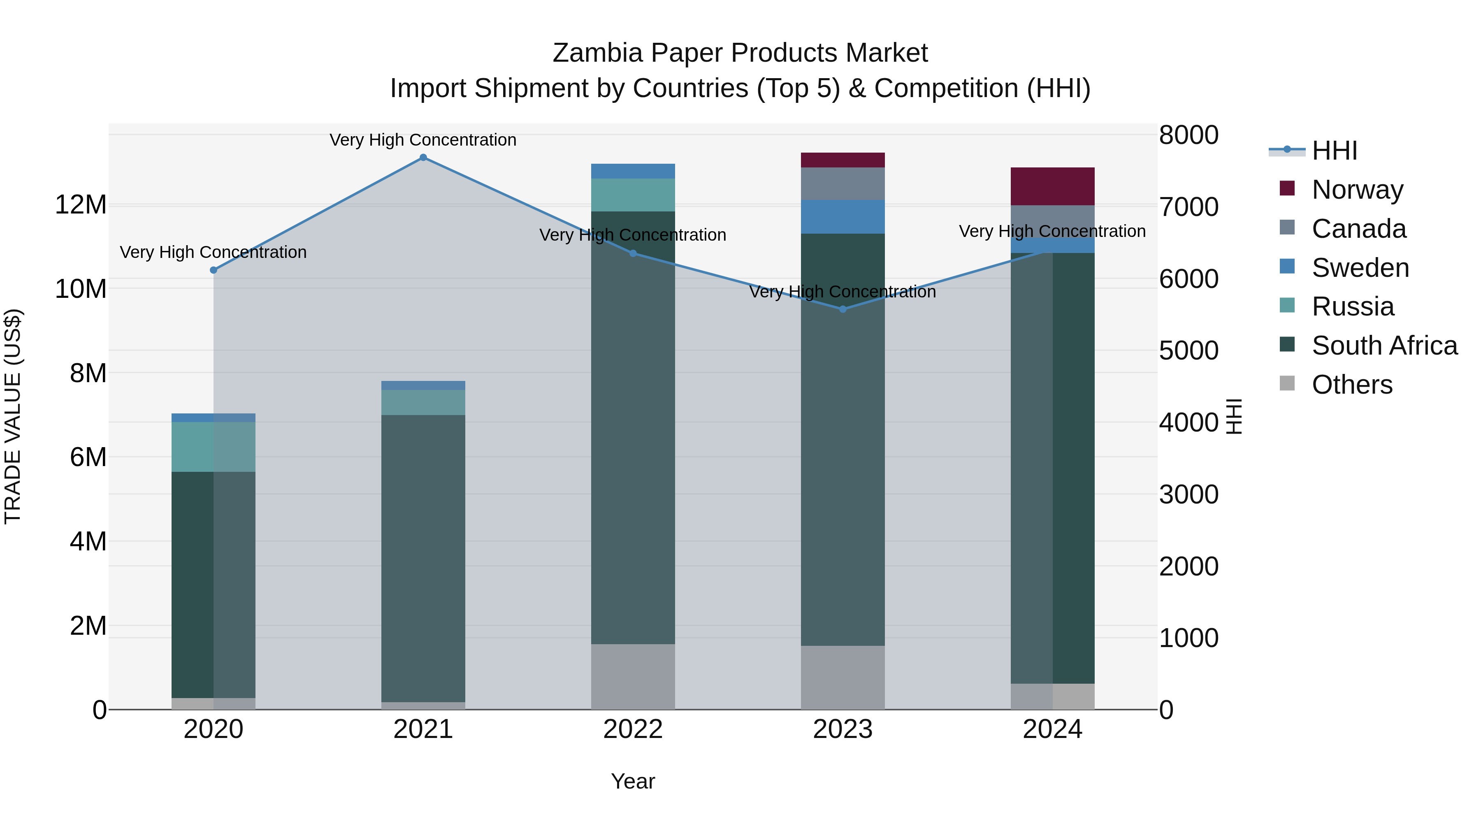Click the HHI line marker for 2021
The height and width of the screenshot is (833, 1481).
tap(423, 158)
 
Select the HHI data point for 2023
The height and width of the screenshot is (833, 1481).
tap(843, 309)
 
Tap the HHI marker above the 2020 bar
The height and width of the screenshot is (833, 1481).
tap(213, 270)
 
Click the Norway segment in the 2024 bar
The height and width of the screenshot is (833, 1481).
tap(1053, 186)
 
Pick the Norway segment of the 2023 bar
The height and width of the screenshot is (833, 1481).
tap(843, 160)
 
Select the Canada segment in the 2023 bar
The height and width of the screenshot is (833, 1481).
tap(843, 184)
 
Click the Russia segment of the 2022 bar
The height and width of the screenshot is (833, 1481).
tap(633, 195)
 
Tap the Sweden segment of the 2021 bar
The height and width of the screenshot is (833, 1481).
tap(423, 385)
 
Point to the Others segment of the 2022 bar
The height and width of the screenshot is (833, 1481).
tap(633, 677)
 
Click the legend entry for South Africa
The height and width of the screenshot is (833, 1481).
tap(1384, 346)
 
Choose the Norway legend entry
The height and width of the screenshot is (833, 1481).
tap(1357, 189)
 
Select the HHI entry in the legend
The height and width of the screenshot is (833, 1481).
tap(1334, 151)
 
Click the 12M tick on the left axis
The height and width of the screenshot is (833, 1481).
tap(81, 205)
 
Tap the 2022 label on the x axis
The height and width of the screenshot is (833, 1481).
tap(633, 729)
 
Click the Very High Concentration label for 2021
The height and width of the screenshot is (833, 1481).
tap(423, 140)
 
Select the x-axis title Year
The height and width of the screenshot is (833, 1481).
tap(633, 781)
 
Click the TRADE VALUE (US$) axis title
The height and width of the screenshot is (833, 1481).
tap(13, 416)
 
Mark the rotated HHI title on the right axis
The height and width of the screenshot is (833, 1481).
tap(1234, 416)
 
